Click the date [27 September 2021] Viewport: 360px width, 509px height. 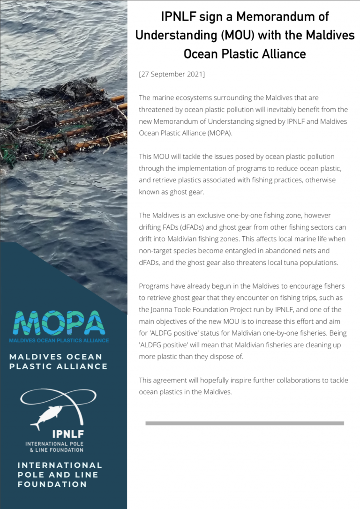pyautogui.click(x=172, y=75)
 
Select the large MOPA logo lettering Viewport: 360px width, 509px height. pyautogui.click(x=59, y=323)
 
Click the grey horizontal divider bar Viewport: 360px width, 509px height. pyautogui.click(x=244, y=423)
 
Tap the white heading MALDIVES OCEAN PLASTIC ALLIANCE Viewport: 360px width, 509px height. pyautogui.click(x=58, y=361)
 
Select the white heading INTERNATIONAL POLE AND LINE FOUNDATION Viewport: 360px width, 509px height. pyautogui.click(x=60, y=474)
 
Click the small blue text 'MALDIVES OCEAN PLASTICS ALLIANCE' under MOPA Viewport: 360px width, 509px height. pyautogui.click(x=59, y=340)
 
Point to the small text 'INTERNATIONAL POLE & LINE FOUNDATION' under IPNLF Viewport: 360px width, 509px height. pyautogui.click(x=54, y=447)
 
